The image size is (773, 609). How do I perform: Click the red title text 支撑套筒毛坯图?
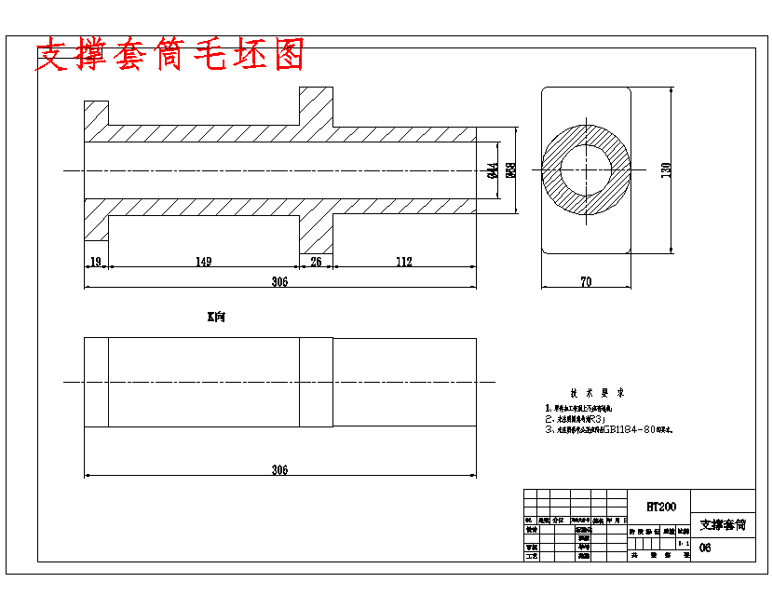tap(170, 56)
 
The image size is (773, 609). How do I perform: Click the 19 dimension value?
tap(95, 263)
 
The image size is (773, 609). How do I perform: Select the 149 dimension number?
tap(203, 263)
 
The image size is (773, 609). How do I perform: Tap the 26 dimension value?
tap(316, 263)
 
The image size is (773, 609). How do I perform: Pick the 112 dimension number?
tap(403, 263)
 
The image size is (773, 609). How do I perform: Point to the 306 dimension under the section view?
tap(279, 282)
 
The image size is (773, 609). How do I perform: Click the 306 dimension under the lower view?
tap(279, 470)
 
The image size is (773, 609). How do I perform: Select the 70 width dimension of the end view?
tap(586, 281)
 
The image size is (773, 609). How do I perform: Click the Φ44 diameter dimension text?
tap(492, 170)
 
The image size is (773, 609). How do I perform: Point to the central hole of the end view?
tap(586, 169)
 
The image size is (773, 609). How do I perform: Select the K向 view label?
tap(216, 318)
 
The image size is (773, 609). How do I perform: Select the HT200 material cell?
tap(660, 507)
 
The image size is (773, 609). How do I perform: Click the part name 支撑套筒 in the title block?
tap(723, 525)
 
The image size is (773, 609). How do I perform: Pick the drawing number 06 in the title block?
tap(705, 548)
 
